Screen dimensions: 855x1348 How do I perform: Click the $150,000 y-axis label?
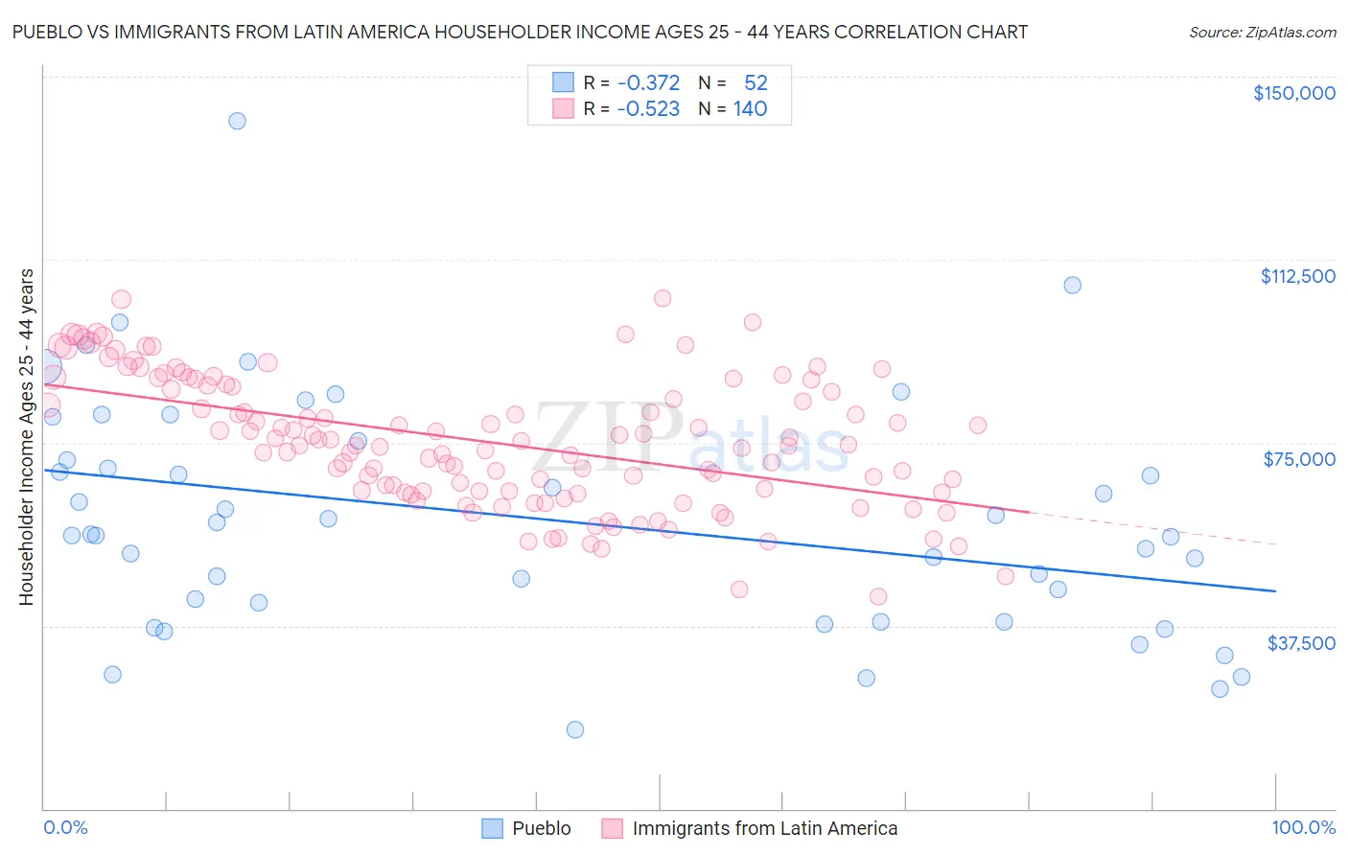1293,93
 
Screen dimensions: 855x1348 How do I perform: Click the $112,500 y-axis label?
1297,276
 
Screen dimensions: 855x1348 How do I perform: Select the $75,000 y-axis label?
1299,459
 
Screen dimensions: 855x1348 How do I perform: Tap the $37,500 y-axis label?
1301,643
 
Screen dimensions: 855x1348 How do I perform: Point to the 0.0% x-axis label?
65,828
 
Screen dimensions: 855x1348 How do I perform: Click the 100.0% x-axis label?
1303,828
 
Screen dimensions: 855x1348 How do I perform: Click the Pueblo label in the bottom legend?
541,828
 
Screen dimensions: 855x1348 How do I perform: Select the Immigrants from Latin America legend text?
764,828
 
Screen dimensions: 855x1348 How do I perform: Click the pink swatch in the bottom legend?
612,828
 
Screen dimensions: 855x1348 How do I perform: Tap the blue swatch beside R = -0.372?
563,82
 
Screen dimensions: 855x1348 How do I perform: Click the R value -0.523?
648,109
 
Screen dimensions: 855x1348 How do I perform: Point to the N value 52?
755,82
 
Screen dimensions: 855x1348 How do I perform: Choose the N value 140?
750,109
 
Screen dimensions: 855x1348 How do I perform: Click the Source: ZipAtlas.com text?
1262,33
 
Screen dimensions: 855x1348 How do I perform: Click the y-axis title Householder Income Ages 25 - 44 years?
27,437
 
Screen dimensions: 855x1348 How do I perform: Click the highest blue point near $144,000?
237,121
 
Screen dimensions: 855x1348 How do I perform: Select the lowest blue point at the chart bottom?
575,729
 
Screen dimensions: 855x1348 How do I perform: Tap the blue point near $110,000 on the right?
1072,285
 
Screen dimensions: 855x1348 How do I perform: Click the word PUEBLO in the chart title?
46,33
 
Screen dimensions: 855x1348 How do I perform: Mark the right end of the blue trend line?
1275,591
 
